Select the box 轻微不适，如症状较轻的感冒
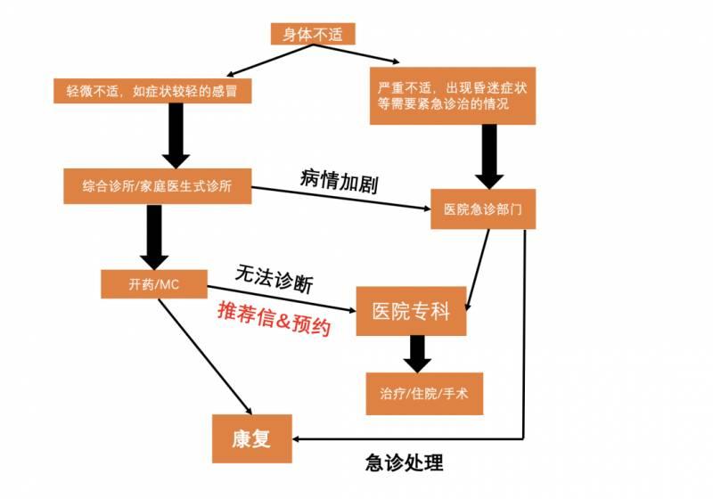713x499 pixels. click(151, 91)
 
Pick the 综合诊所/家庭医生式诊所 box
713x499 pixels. click(155, 187)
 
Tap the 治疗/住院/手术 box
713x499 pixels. click(424, 393)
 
